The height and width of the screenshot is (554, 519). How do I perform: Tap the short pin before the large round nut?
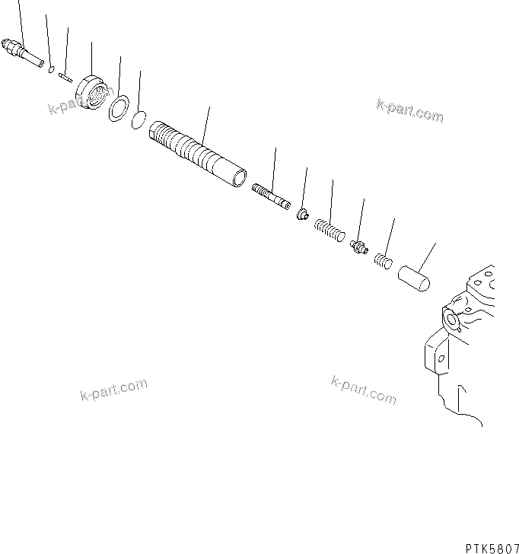[65, 75]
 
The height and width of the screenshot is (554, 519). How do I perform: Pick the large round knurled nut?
[93, 93]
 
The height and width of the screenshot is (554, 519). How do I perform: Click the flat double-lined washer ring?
[118, 107]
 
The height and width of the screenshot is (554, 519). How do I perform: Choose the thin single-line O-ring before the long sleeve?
[139, 119]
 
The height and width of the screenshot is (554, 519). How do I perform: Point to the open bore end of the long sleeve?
[240, 180]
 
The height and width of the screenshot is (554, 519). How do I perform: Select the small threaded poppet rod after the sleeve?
[271, 195]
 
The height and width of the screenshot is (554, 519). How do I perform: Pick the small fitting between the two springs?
[359, 247]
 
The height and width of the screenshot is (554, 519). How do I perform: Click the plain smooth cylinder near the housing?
[415, 276]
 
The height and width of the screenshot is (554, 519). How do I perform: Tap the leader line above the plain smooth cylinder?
[429, 254]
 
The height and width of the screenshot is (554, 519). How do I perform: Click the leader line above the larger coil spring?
[331, 199]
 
